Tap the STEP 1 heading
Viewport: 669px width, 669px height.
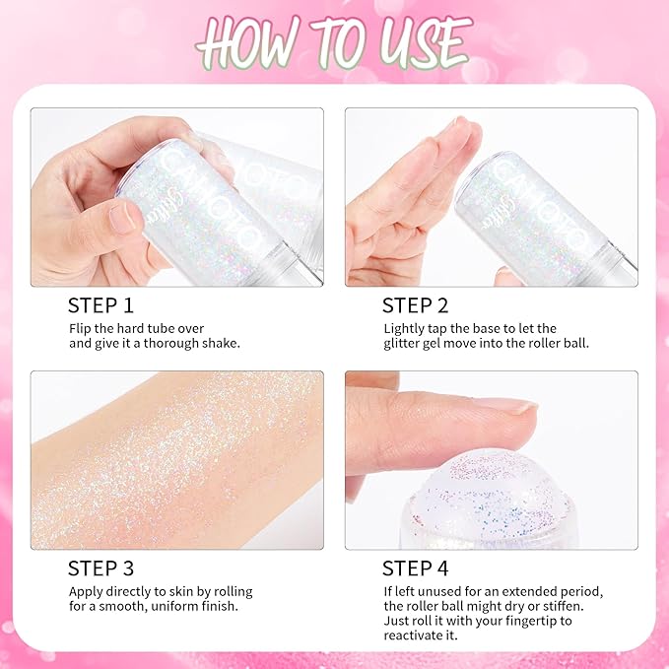tap(100, 304)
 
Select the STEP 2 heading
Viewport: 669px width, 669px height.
tap(415, 304)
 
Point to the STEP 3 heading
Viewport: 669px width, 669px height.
tap(100, 568)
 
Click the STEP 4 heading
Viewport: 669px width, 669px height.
tap(415, 568)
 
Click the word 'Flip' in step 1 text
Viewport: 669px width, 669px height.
tap(82, 327)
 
